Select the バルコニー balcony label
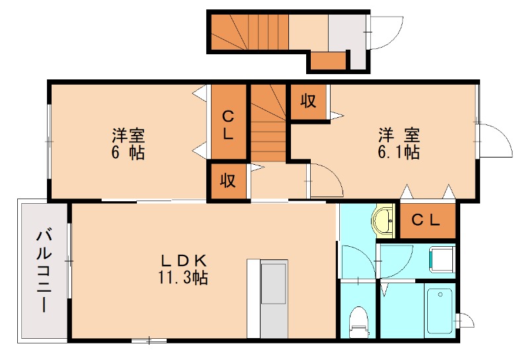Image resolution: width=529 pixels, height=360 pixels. pos(44,269)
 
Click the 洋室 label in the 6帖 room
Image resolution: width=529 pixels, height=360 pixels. pos(128,136)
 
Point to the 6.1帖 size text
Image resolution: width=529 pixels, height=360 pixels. pos(398,153)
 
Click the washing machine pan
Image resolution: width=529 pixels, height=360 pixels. pos(441,259)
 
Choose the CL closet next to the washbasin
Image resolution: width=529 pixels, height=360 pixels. pos(426,221)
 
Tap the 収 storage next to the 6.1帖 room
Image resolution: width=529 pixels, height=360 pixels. pos(308,102)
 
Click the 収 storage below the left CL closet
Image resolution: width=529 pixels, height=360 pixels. pos(228,181)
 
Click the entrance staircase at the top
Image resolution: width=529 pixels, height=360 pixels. pos(250,31)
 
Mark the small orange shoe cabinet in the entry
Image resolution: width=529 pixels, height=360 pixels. pos(328,60)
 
